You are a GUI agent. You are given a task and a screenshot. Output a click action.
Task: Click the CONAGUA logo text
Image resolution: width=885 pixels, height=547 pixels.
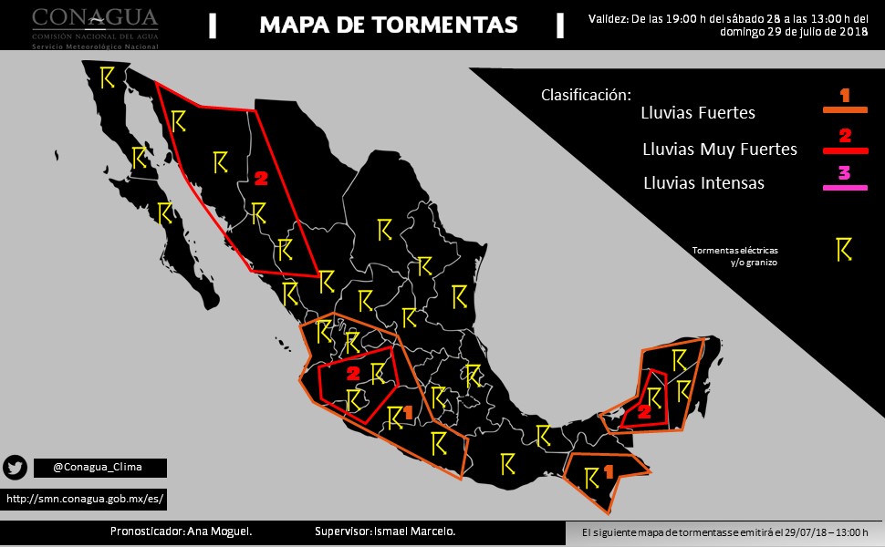(x=95, y=20)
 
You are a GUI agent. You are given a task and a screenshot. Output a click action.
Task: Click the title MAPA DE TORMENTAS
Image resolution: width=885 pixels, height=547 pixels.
(x=388, y=25)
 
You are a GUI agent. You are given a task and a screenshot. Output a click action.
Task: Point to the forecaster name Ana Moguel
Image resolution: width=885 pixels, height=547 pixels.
(x=181, y=532)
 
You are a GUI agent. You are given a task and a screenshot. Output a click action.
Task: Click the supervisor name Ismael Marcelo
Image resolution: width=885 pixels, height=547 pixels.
(x=384, y=532)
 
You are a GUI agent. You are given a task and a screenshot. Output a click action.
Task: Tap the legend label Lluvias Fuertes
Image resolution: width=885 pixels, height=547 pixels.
(x=698, y=114)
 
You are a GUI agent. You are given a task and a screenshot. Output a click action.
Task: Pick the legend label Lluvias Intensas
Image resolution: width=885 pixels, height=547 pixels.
(x=703, y=183)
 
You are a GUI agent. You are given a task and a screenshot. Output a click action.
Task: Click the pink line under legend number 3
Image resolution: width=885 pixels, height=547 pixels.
(x=845, y=187)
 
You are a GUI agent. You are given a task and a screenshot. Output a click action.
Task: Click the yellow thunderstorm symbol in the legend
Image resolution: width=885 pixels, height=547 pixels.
(x=844, y=250)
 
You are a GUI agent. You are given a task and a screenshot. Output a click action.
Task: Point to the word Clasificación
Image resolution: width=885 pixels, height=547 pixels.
(x=585, y=95)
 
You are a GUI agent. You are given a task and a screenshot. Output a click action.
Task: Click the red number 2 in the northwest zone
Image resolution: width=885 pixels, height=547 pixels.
(x=261, y=178)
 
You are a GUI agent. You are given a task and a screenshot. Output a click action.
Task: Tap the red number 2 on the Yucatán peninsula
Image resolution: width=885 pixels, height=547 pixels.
(x=643, y=412)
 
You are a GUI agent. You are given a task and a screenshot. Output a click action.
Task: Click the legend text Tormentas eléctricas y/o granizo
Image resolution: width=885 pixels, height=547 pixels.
(x=735, y=255)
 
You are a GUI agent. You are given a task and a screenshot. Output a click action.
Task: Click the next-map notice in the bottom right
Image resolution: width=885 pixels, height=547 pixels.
(x=724, y=532)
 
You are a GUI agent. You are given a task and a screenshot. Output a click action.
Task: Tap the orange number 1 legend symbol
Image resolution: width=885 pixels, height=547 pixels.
(x=845, y=95)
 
